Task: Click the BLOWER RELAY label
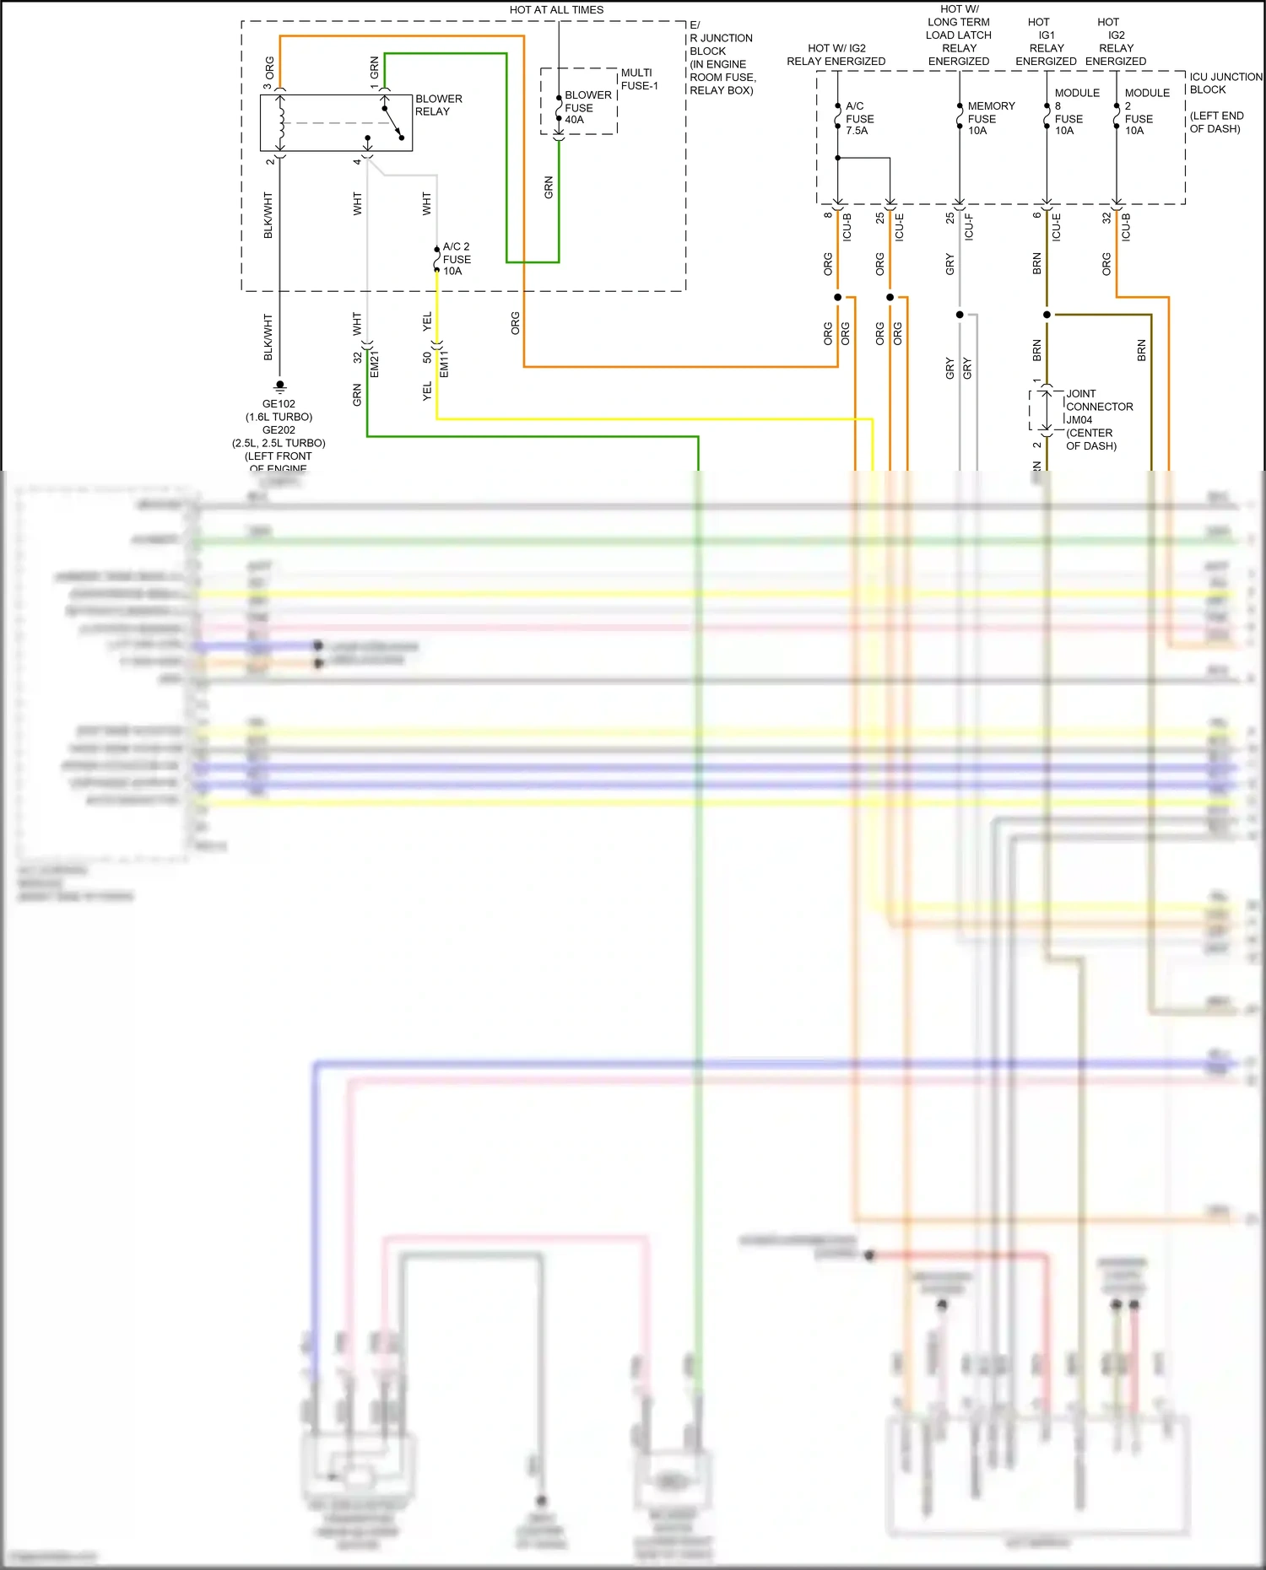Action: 438,105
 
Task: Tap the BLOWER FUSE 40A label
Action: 587,107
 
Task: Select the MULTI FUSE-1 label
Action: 639,79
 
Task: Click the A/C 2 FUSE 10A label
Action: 457,259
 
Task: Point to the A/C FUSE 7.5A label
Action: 859,118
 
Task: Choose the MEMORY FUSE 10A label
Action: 990,118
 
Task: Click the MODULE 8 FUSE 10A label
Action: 1075,111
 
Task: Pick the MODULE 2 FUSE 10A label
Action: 1145,111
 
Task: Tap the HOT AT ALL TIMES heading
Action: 556,10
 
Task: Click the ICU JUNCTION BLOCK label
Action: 1225,83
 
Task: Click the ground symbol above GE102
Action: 280,386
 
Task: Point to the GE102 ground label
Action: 279,404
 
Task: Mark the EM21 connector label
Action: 375,364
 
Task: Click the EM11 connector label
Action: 444,364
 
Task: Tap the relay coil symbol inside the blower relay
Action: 281,123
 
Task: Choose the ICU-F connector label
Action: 969,227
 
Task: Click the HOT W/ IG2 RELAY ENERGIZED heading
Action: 836,55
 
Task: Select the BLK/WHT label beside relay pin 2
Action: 268,214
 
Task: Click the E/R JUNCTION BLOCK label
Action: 722,57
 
